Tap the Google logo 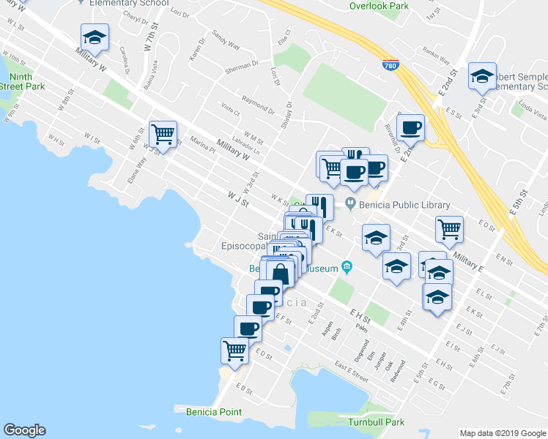(24, 430)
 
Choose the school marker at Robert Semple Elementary (482, 76)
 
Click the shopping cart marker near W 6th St (163, 134)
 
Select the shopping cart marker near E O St (449, 229)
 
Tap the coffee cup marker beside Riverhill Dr (410, 127)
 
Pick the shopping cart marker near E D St (234, 350)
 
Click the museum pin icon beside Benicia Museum (347, 269)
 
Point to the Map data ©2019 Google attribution (502, 432)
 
